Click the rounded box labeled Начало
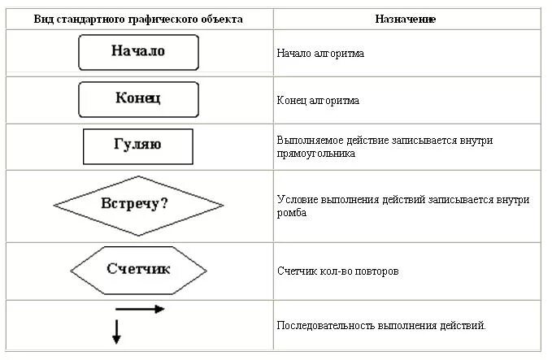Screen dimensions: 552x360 tap(138, 52)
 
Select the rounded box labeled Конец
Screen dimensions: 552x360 tap(138, 99)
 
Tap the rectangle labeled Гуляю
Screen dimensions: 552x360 tap(138, 146)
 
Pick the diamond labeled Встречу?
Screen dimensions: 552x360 tap(138, 204)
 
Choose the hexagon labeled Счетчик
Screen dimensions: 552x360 tap(138, 269)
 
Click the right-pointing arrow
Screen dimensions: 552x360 tap(140, 309)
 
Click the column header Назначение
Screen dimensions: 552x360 tap(405, 19)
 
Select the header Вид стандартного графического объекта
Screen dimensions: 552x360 tap(138, 19)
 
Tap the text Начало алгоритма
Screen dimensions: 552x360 tap(319, 54)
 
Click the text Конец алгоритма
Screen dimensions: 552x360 tap(317, 101)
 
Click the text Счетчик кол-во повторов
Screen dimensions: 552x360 tap(337, 271)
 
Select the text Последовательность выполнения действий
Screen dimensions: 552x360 tap(380, 326)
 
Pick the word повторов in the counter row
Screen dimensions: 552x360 tap(376, 271)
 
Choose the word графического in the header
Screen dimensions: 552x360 tap(173, 19)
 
